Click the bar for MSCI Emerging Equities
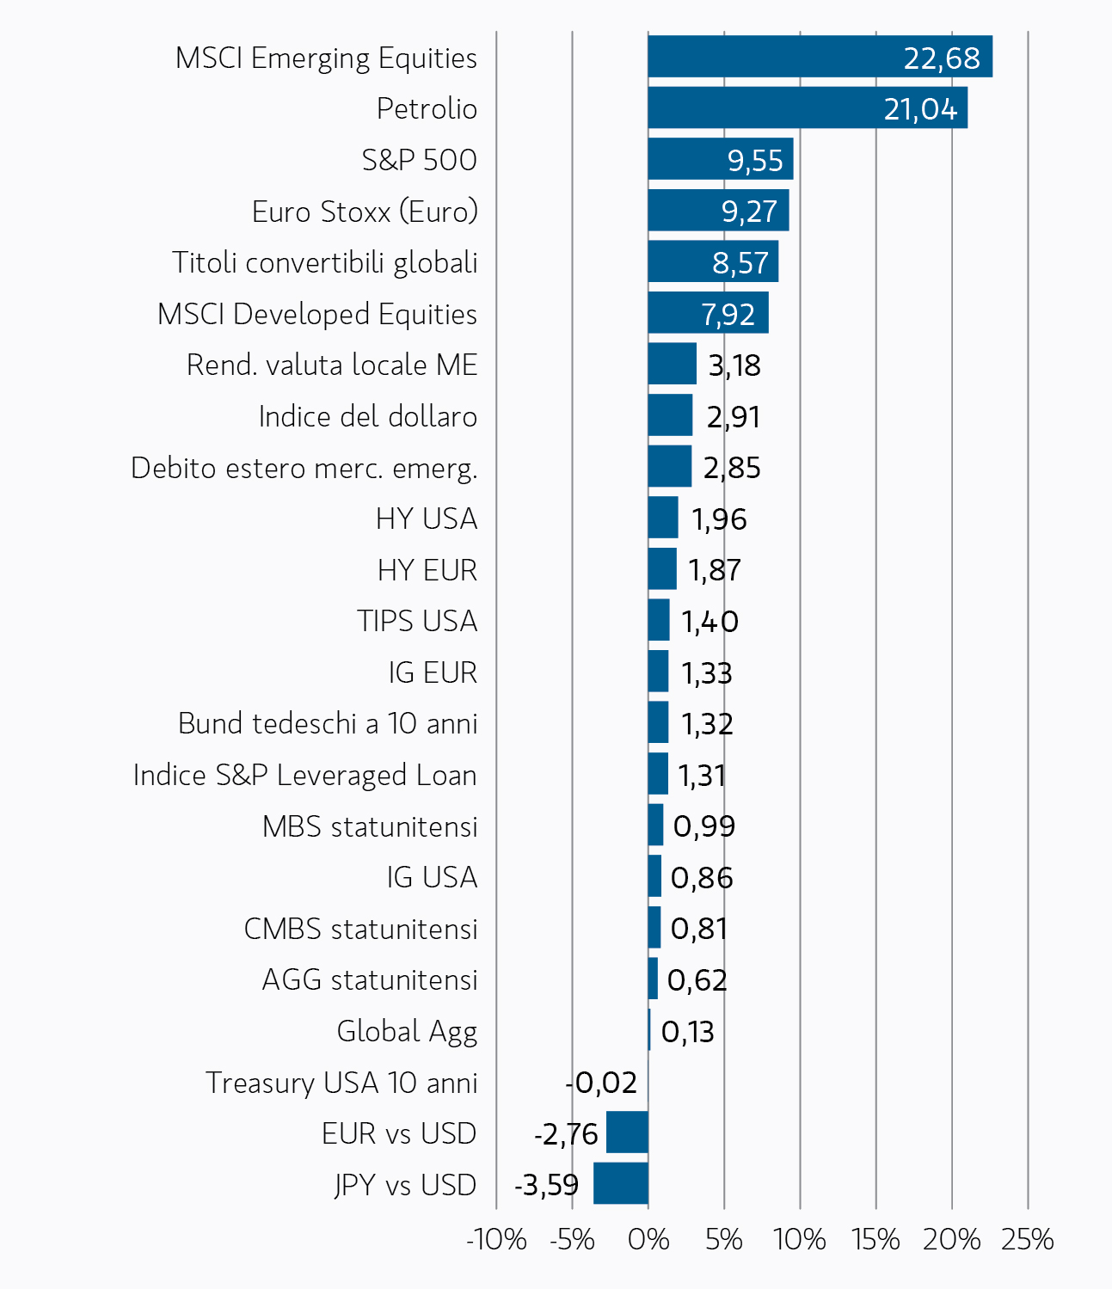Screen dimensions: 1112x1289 click(x=820, y=57)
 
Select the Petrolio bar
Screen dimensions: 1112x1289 click(x=808, y=107)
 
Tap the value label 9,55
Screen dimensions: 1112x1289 click(x=754, y=160)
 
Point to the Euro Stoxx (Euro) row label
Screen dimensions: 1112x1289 click(x=365, y=212)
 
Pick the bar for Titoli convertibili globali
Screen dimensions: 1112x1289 click(x=713, y=261)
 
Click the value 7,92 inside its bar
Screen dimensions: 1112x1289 click(x=728, y=315)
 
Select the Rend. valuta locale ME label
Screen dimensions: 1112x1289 click(x=332, y=365)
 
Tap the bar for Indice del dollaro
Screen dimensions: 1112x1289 click(x=670, y=414)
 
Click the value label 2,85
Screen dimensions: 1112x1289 click(x=732, y=468)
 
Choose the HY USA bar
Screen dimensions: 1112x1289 click(x=663, y=517)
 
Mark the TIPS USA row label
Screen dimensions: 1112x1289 click(x=417, y=621)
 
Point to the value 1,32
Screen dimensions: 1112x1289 click(x=707, y=724)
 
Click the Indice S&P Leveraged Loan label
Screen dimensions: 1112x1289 click(x=305, y=775)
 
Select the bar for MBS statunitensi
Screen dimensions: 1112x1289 click(x=655, y=825)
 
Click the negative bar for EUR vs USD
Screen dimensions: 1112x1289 click(x=627, y=1132)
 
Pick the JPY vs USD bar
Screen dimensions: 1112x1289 click(x=621, y=1183)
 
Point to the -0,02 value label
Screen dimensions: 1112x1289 click(x=601, y=1083)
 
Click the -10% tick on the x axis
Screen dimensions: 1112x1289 click(x=496, y=1240)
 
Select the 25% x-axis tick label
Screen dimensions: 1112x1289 click(x=1027, y=1240)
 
